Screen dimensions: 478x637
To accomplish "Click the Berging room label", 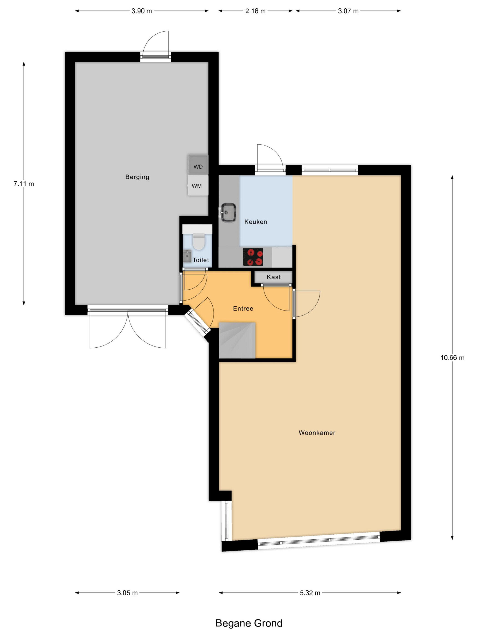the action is [x=137, y=177].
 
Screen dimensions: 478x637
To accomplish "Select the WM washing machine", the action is [x=198, y=185].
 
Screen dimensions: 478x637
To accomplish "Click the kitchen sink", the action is [x=229, y=212].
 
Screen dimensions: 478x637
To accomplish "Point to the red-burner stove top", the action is [x=253, y=257].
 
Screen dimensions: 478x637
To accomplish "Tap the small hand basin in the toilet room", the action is [x=187, y=256].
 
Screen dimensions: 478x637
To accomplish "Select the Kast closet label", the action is [x=273, y=277].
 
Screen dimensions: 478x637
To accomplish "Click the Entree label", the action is [x=243, y=308].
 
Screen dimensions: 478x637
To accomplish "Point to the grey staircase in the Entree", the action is [x=237, y=340].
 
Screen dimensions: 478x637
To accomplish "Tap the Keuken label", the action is [x=256, y=222].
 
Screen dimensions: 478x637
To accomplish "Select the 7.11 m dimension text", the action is [x=24, y=184].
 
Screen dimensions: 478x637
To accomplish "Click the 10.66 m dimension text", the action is [x=452, y=358].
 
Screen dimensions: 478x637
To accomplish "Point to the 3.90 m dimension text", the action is [x=142, y=11].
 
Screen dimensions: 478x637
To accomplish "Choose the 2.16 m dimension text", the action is [x=255, y=11].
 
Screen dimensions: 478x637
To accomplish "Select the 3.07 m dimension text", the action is [x=348, y=11].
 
